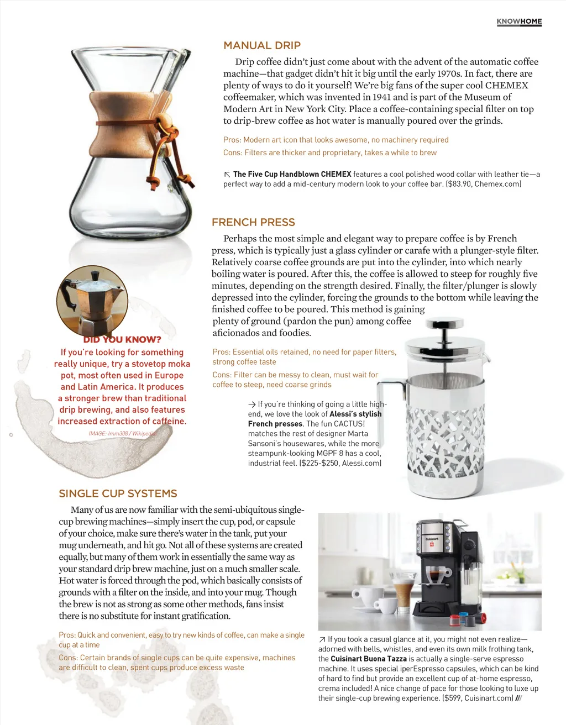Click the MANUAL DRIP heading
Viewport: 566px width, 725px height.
pyautogui.click(x=262, y=46)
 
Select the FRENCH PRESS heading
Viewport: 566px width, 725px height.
pyautogui.click(x=253, y=223)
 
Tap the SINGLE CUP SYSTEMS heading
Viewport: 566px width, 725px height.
pyautogui.click(x=118, y=494)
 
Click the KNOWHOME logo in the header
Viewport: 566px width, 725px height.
pyautogui.click(x=519, y=22)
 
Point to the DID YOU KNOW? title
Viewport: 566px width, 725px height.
pyautogui.click(x=122, y=340)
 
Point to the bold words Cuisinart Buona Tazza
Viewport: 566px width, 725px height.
pyautogui.click(x=369, y=659)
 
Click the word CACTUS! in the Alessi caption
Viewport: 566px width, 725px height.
pyautogui.click(x=349, y=424)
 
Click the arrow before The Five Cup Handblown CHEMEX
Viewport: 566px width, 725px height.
pyautogui.click(x=227, y=175)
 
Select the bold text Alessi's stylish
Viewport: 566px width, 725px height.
pyautogui.click(x=355, y=414)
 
